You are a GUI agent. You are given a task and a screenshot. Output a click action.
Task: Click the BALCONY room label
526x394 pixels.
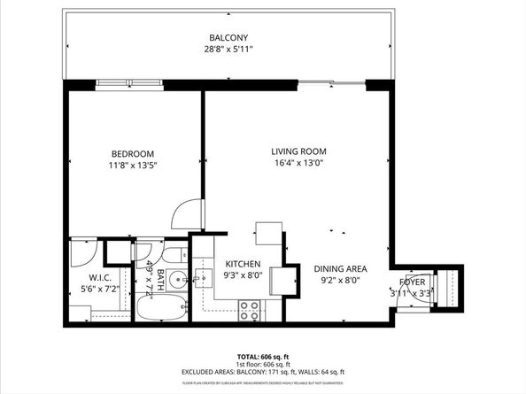click(x=228, y=37)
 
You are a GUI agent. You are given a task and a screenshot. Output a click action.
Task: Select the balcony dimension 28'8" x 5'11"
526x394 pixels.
click(x=228, y=50)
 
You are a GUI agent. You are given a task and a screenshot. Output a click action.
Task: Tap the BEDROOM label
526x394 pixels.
click(x=133, y=153)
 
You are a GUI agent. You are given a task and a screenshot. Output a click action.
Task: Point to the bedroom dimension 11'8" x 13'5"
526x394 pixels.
click(x=133, y=166)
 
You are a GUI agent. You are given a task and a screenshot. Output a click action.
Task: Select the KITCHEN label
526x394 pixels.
click(x=243, y=264)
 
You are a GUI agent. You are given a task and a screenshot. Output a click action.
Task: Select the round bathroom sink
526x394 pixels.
click(x=177, y=281)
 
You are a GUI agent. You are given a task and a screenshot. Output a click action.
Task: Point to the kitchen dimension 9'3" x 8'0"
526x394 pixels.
click(x=243, y=276)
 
